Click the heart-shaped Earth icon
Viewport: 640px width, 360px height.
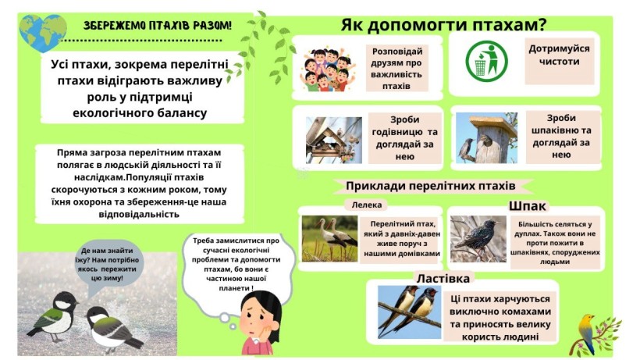[x=42, y=32]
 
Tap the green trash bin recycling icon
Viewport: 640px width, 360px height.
[x=486, y=61]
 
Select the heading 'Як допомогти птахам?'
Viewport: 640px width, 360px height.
[x=443, y=25]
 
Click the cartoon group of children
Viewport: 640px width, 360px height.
[x=327, y=70]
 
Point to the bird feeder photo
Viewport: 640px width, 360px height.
[x=334, y=141]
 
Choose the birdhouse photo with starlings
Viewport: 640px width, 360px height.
[x=486, y=138]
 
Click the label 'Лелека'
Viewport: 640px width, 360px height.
[x=367, y=205]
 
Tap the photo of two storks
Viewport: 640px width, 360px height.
[x=329, y=238]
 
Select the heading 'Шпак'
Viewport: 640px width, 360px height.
[x=528, y=206]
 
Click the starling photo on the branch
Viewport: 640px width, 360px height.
[x=478, y=239]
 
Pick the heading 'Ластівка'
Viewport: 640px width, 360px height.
[x=443, y=278]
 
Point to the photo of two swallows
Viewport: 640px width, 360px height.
[x=410, y=312]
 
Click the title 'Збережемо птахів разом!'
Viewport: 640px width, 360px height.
[x=158, y=26]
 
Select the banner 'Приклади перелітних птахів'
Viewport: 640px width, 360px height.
[x=431, y=186]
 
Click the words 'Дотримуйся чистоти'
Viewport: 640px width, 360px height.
[x=559, y=55]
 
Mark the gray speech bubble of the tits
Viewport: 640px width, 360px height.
[x=107, y=266]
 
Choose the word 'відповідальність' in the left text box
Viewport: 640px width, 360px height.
[x=139, y=214]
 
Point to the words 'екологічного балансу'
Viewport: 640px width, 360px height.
[x=140, y=113]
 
